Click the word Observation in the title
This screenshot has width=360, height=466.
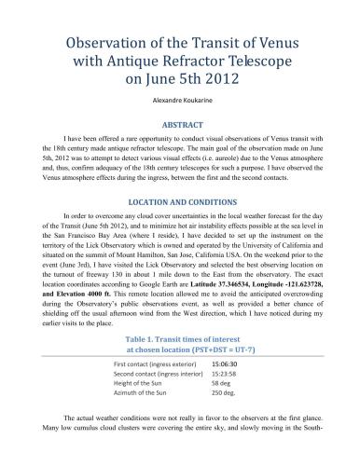pyautogui.click(x=100, y=43)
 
